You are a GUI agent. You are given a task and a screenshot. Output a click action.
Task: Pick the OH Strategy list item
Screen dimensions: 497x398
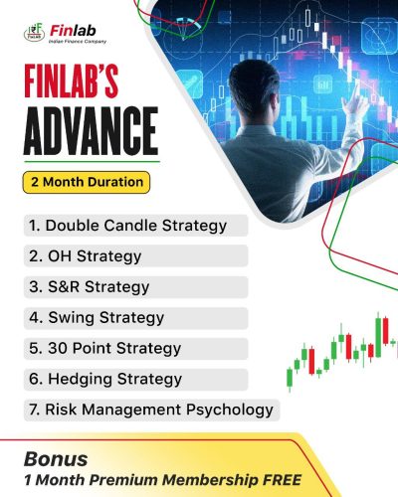click(x=85, y=255)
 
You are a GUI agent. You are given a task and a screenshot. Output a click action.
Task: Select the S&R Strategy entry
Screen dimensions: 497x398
click(x=90, y=286)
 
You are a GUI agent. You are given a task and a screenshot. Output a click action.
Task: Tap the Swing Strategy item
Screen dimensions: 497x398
click(x=98, y=317)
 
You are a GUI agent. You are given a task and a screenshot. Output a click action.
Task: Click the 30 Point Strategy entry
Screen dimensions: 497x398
click(x=104, y=348)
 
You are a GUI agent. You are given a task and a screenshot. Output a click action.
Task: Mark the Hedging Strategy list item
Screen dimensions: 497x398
click(x=105, y=379)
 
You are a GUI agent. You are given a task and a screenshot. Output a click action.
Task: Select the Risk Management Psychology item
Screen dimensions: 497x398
click(x=150, y=410)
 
